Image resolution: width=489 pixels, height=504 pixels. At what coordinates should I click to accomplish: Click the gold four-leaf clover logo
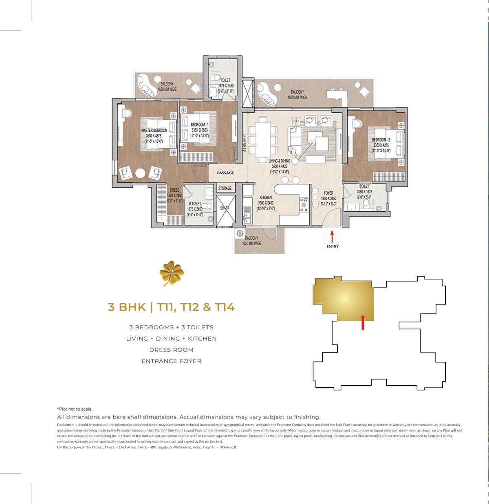(x=172, y=274)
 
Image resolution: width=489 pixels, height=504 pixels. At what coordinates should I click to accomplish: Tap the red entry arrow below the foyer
(x=332, y=237)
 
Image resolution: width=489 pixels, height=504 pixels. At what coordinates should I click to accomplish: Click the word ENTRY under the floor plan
(x=333, y=246)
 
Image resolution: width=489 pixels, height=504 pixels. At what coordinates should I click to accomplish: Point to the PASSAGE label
(x=225, y=173)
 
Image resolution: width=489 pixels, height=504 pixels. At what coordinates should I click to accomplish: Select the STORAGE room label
(x=225, y=188)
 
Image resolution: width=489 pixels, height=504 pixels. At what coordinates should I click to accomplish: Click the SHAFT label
(x=225, y=208)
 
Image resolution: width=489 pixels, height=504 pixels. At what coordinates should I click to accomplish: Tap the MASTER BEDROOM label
(x=154, y=131)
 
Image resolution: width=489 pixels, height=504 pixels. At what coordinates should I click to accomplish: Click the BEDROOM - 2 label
(x=381, y=140)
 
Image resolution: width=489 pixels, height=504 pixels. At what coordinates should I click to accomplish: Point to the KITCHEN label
(x=266, y=197)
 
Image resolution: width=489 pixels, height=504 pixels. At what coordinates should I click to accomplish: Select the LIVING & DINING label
(x=280, y=161)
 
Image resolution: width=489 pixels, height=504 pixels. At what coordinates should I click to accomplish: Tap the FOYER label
(x=328, y=193)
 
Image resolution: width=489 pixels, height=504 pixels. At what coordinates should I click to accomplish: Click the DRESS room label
(x=174, y=190)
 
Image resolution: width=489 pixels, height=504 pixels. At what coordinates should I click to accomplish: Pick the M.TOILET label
(x=195, y=204)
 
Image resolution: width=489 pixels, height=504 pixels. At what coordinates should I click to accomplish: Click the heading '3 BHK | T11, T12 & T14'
(x=171, y=307)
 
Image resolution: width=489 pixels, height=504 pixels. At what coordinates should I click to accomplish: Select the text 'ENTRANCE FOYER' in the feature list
(x=171, y=361)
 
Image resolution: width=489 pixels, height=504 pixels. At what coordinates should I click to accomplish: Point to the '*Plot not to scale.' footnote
(x=75, y=409)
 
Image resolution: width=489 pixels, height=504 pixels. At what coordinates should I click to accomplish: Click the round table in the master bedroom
(x=140, y=173)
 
